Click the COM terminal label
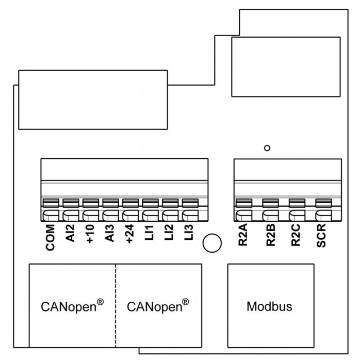click(x=51, y=237)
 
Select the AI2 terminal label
click(x=71, y=233)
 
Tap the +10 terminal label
click(x=90, y=234)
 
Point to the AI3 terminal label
click(x=110, y=233)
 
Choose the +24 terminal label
click(x=129, y=234)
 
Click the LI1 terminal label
click(x=150, y=233)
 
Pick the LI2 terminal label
click(x=169, y=233)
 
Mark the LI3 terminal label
click(x=189, y=233)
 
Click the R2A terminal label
click(x=243, y=235)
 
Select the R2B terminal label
click(x=271, y=235)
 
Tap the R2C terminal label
click(x=296, y=235)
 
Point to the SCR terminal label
click(x=321, y=235)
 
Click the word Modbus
click(x=269, y=306)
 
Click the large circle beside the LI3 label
click(x=212, y=243)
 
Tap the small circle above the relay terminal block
click(x=267, y=148)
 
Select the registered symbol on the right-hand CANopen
click(x=185, y=302)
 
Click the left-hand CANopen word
click(x=69, y=307)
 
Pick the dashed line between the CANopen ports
click(x=116, y=305)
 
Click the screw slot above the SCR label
click(x=323, y=203)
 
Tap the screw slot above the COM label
click(x=51, y=203)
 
